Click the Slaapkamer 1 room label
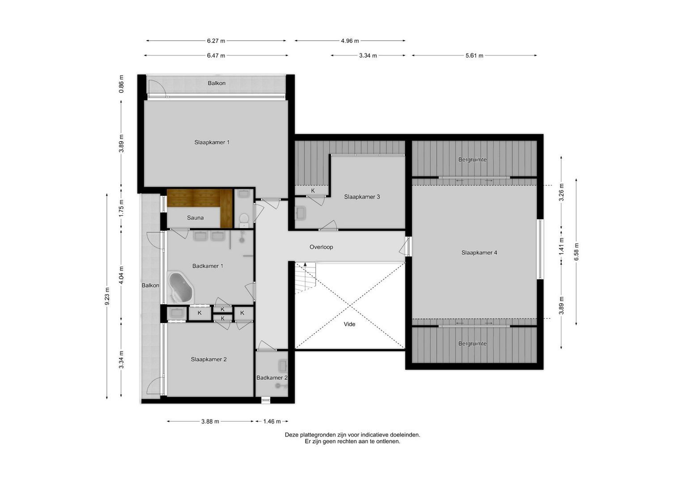[x=212, y=142]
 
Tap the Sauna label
[x=195, y=218]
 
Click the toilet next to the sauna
[x=244, y=219]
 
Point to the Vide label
[x=349, y=324]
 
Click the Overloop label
[x=321, y=247]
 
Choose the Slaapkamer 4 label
[x=479, y=253]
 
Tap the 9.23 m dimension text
[x=107, y=296]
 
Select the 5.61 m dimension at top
[x=474, y=55]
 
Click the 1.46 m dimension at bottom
[x=272, y=421]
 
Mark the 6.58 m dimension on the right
[x=576, y=252]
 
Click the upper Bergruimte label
[x=472, y=160]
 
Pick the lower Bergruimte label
[x=472, y=343]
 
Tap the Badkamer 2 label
[x=272, y=377]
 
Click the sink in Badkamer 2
[x=283, y=365]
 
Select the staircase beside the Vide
[x=305, y=278]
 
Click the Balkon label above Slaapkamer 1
[x=216, y=83]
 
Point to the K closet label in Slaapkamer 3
[x=313, y=191]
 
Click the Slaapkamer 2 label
[x=208, y=359]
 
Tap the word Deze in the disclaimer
[x=292, y=434]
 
